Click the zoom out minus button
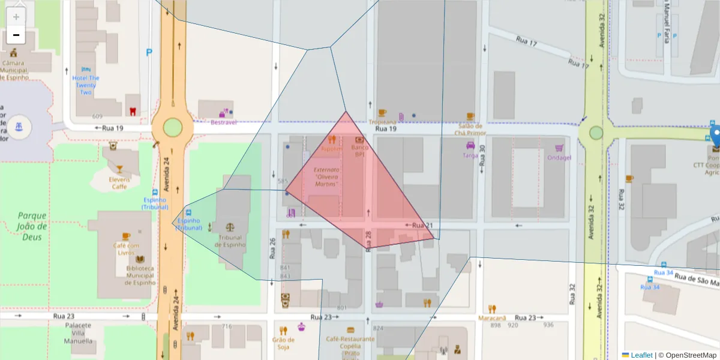tap(16, 35)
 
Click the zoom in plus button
tap(16, 17)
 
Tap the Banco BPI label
tap(360, 151)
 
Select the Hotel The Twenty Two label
tap(86, 85)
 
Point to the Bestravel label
tap(223, 122)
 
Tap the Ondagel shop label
tap(559, 158)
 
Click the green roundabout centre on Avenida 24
tap(172, 127)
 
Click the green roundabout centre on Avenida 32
tap(596, 133)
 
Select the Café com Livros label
tap(125, 248)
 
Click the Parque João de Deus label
tap(32, 221)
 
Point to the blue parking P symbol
tap(149, 52)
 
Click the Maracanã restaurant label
tap(492, 317)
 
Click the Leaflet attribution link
tap(641, 355)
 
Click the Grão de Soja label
tap(283, 343)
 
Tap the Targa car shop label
tap(470, 155)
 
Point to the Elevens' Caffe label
tap(119, 182)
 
